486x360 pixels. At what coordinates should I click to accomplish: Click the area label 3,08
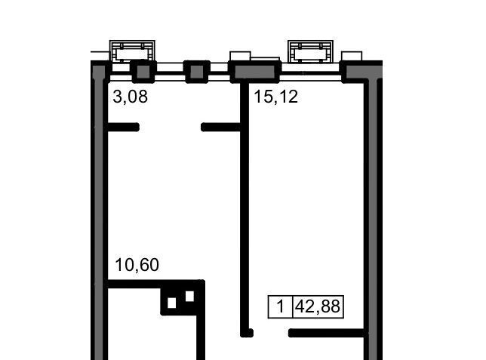pos(130,97)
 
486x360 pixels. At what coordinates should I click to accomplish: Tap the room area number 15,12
pos(276,97)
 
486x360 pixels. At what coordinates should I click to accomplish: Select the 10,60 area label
pos(137,265)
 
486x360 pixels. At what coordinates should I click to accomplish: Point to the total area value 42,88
pos(318,306)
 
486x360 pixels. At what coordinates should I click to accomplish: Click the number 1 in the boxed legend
pos(280,306)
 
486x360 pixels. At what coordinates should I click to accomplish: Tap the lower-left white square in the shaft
pos(172,303)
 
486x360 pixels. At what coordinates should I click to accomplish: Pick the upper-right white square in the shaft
pos(189,296)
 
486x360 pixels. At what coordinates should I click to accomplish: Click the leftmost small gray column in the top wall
pos(143,72)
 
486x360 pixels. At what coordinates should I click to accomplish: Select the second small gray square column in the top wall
pos(196,72)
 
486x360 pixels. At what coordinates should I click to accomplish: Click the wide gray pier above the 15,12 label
pos(255,72)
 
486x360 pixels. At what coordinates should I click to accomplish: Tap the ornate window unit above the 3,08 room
pos(132,51)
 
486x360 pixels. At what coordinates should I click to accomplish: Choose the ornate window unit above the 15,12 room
pos(311,51)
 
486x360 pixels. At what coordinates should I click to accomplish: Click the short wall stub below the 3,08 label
pos(123,127)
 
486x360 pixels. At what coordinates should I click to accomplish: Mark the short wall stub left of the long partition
pos(221,127)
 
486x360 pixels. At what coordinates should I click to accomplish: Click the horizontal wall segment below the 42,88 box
pos(327,333)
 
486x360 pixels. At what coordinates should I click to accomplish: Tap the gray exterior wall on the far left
pos(99,211)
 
